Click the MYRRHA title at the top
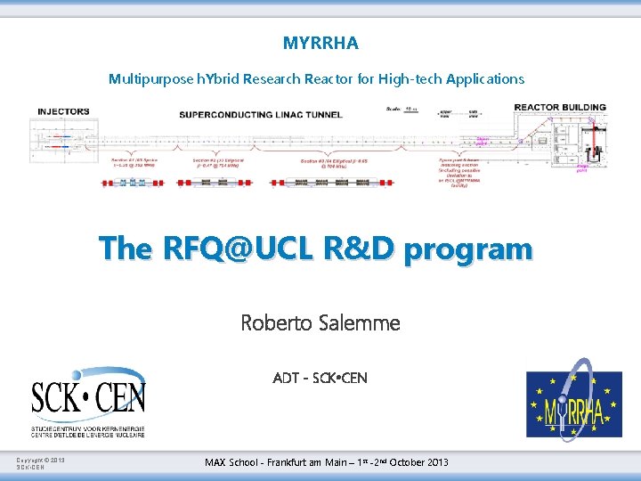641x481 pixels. click(x=320, y=42)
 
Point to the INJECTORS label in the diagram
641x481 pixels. click(x=63, y=111)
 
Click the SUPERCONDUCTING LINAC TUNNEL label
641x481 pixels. click(x=261, y=114)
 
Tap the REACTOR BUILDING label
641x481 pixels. click(x=560, y=108)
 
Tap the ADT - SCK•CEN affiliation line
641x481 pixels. click(x=320, y=378)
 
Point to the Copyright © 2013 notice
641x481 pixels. click(x=41, y=461)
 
